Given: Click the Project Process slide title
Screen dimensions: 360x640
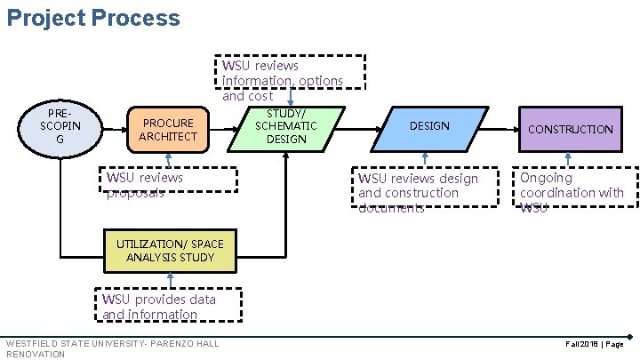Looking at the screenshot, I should [92, 18].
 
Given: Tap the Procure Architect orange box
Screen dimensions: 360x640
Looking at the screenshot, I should [168, 129].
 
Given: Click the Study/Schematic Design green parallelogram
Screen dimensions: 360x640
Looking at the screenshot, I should [286, 126].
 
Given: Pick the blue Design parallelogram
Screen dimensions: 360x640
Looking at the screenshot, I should [429, 126].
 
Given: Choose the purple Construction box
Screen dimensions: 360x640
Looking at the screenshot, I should [570, 129].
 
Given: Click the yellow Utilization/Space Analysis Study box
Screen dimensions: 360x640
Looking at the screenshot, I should [170, 251].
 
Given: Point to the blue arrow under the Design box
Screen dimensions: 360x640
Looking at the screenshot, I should [425, 158].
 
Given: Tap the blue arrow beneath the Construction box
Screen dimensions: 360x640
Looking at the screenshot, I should [570, 158].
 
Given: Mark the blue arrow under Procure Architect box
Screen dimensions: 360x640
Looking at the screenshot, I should [168, 158].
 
